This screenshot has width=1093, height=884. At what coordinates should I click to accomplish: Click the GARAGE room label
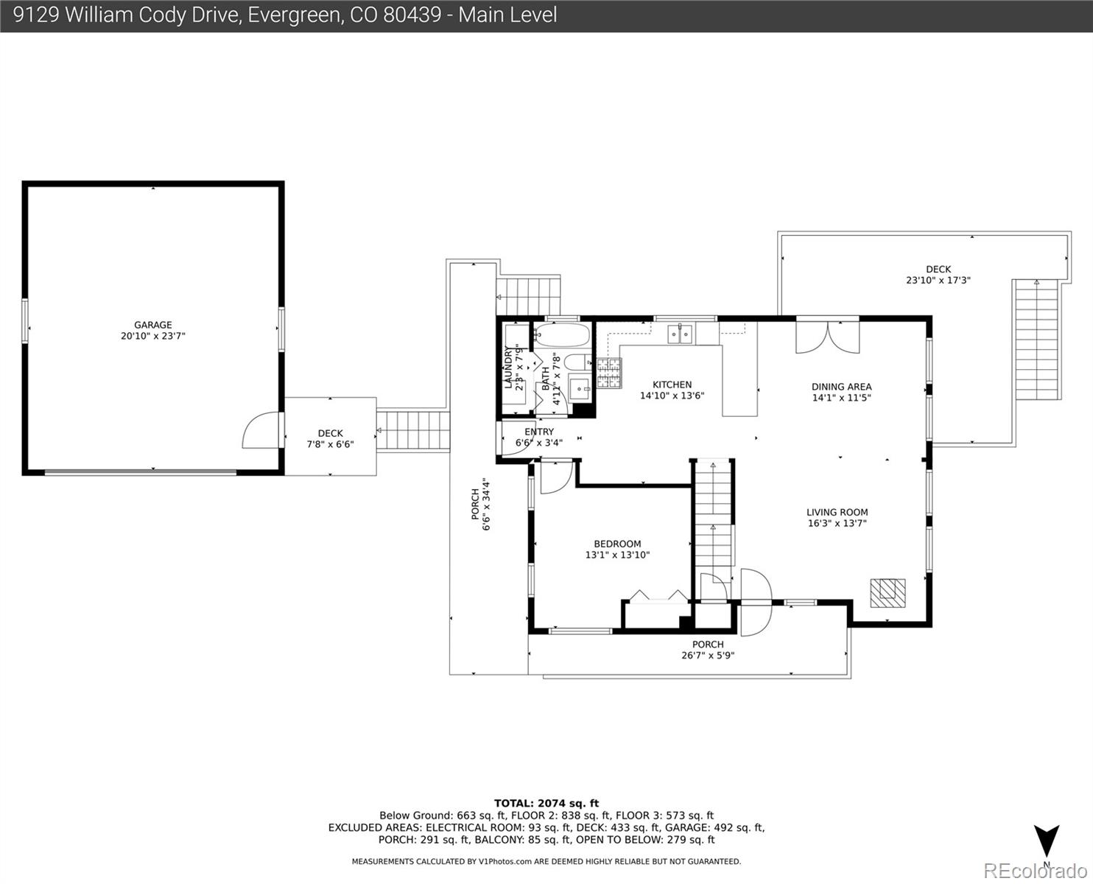153,325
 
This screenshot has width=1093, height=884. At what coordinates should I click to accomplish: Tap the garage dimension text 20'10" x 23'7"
153,336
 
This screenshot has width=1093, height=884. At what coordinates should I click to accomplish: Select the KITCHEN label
672,385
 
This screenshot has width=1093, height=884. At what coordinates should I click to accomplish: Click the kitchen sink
680,334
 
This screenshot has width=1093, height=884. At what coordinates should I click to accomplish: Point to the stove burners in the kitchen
609,373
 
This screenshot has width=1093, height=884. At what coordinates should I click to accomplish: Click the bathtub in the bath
563,335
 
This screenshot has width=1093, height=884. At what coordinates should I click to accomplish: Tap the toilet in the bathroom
577,362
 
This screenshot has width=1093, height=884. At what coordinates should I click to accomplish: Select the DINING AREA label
842,387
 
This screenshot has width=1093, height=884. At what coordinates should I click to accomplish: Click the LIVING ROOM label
837,512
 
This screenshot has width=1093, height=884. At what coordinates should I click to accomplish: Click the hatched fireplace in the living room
888,593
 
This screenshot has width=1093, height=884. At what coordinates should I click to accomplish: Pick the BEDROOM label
617,544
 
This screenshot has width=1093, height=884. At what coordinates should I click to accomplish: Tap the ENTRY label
539,432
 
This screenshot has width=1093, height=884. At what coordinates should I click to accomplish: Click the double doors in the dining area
828,337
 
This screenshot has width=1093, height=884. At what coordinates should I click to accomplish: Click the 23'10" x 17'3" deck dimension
938,280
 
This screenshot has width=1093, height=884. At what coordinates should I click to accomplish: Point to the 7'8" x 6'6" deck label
331,444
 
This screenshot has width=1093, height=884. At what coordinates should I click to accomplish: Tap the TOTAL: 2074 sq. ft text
546,804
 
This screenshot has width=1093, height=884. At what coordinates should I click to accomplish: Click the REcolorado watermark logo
1036,871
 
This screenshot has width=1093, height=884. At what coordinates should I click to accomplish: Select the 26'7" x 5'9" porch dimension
708,655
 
